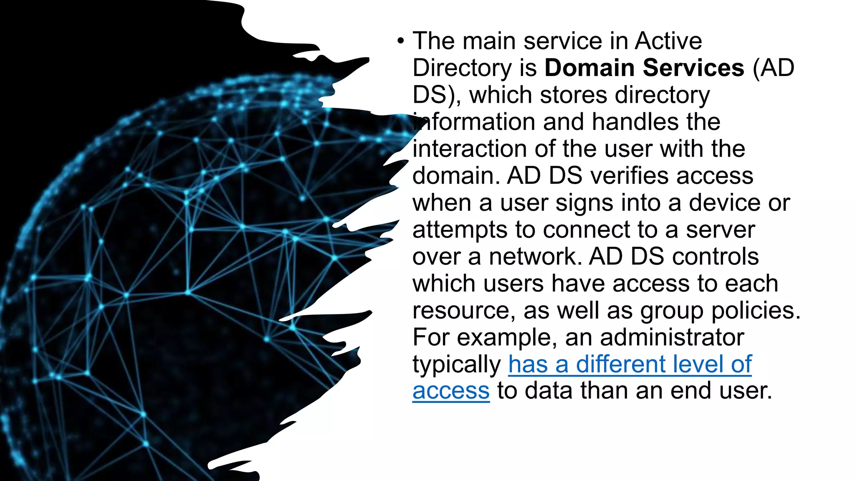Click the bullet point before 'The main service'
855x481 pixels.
tap(401, 41)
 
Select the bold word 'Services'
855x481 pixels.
tap(693, 68)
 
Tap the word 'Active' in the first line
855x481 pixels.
tap(668, 41)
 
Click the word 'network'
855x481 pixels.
tap(535, 256)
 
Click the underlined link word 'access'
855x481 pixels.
tap(451, 391)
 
